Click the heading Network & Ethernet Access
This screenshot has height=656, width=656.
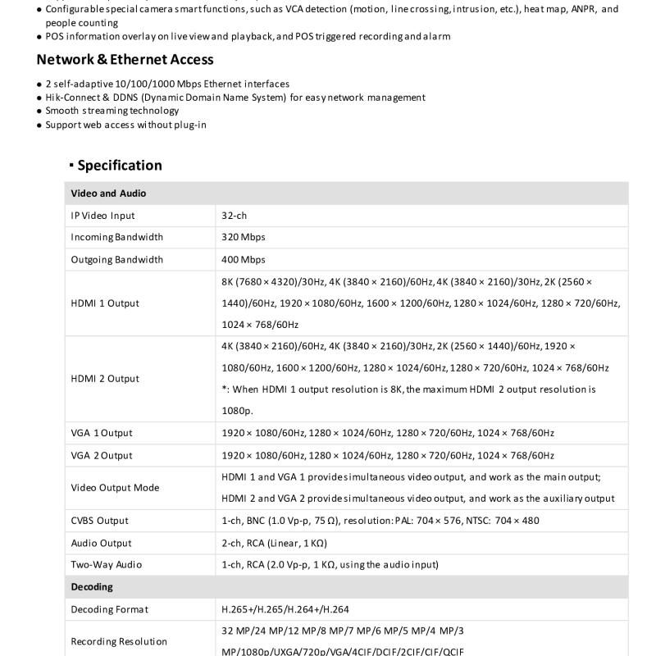(125, 60)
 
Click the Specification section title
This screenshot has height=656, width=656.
(119, 166)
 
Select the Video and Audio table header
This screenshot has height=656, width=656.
(108, 194)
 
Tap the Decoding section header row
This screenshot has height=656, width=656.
(92, 587)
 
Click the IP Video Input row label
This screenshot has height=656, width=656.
(102, 216)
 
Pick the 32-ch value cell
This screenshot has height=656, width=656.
(234, 216)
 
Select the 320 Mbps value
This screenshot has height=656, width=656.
(244, 237)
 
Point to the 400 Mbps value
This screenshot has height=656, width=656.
(244, 259)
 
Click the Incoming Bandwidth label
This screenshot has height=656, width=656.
(116, 237)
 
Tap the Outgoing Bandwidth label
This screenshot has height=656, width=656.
(116, 259)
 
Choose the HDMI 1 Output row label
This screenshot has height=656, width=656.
(105, 303)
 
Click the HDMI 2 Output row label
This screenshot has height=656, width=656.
(105, 379)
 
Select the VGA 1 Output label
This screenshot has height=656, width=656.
(101, 433)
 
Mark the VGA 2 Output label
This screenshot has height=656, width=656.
(101, 455)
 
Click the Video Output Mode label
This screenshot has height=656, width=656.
(115, 488)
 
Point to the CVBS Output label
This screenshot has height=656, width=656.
(99, 521)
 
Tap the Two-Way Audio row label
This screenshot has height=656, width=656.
(106, 565)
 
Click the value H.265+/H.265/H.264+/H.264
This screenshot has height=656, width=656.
(285, 609)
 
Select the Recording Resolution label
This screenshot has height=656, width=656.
(119, 641)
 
